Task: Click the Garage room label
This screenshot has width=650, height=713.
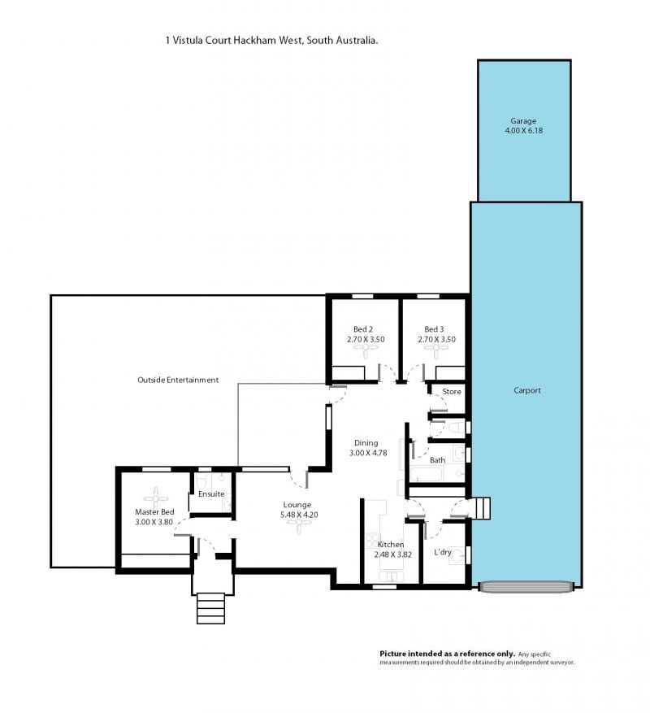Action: click(x=523, y=121)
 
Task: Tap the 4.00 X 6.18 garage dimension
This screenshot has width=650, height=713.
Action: click(x=523, y=131)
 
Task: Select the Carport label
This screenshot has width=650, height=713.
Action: click(x=527, y=390)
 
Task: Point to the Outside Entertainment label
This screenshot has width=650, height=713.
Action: click(x=178, y=380)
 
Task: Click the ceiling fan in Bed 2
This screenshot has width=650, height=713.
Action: click(x=366, y=348)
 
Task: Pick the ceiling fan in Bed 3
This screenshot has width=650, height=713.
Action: click(x=436, y=348)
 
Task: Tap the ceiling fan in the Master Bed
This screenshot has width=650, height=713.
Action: click(x=155, y=499)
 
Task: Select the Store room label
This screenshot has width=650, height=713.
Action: click(x=452, y=392)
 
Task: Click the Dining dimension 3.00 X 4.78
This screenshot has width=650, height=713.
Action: click(x=368, y=453)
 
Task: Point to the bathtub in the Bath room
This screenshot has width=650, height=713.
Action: click(x=427, y=474)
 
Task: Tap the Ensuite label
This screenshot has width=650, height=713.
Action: click(x=211, y=493)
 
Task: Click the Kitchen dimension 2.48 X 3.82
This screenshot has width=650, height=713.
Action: click(x=393, y=554)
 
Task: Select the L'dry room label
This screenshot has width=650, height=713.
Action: click(x=443, y=552)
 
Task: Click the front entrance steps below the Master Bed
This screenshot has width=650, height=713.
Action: click(x=211, y=608)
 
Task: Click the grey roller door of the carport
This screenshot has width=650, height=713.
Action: click(x=526, y=587)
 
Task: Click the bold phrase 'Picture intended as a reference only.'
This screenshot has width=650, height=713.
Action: click(x=447, y=654)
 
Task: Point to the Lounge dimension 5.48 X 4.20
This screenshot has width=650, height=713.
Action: click(x=299, y=515)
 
